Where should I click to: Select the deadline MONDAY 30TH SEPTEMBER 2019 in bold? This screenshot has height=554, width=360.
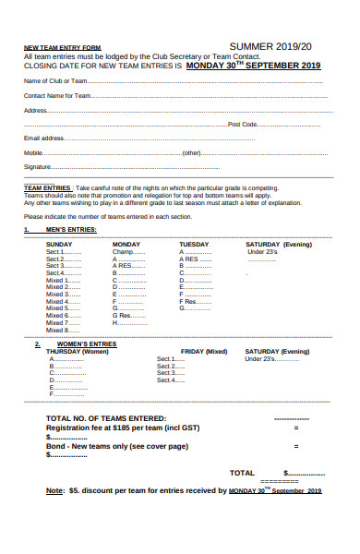point(254,66)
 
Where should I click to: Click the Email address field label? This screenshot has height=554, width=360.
point(43,138)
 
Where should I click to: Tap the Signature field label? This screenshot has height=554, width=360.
point(38,167)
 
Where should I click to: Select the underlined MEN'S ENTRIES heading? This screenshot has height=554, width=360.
point(70,229)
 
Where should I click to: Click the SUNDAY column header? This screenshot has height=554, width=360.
point(59,244)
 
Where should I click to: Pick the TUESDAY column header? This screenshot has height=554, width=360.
point(194,244)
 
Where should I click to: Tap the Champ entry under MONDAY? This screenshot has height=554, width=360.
point(124,251)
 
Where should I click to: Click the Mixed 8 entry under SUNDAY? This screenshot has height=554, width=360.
point(57,330)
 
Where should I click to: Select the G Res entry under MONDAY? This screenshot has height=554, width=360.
point(124,315)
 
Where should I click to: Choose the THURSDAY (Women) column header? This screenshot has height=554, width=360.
point(78,352)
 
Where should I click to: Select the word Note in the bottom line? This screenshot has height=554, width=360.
point(54,490)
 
